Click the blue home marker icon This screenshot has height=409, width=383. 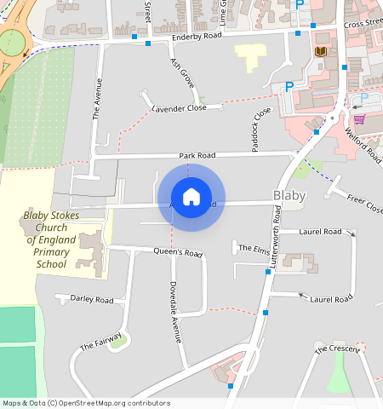click(x=191, y=198)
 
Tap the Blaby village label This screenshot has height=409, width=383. click(x=289, y=195)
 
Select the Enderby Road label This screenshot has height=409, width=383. click(x=197, y=36)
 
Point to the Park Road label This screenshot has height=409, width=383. click(x=197, y=156)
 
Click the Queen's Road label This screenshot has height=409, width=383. click(x=178, y=253)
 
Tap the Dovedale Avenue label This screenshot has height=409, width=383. click(x=174, y=311)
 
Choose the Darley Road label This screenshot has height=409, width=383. click(x=92, y=300)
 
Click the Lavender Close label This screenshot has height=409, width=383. click(x=179, y=109)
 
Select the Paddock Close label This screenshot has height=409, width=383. click(x=260, y=130)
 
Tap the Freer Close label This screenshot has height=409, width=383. click(x=365, y=203)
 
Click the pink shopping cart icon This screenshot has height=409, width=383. click(x=359, y=119)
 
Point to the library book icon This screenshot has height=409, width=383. click(x=321, y=53)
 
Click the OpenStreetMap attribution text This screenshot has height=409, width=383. click(x=86, y=403)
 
